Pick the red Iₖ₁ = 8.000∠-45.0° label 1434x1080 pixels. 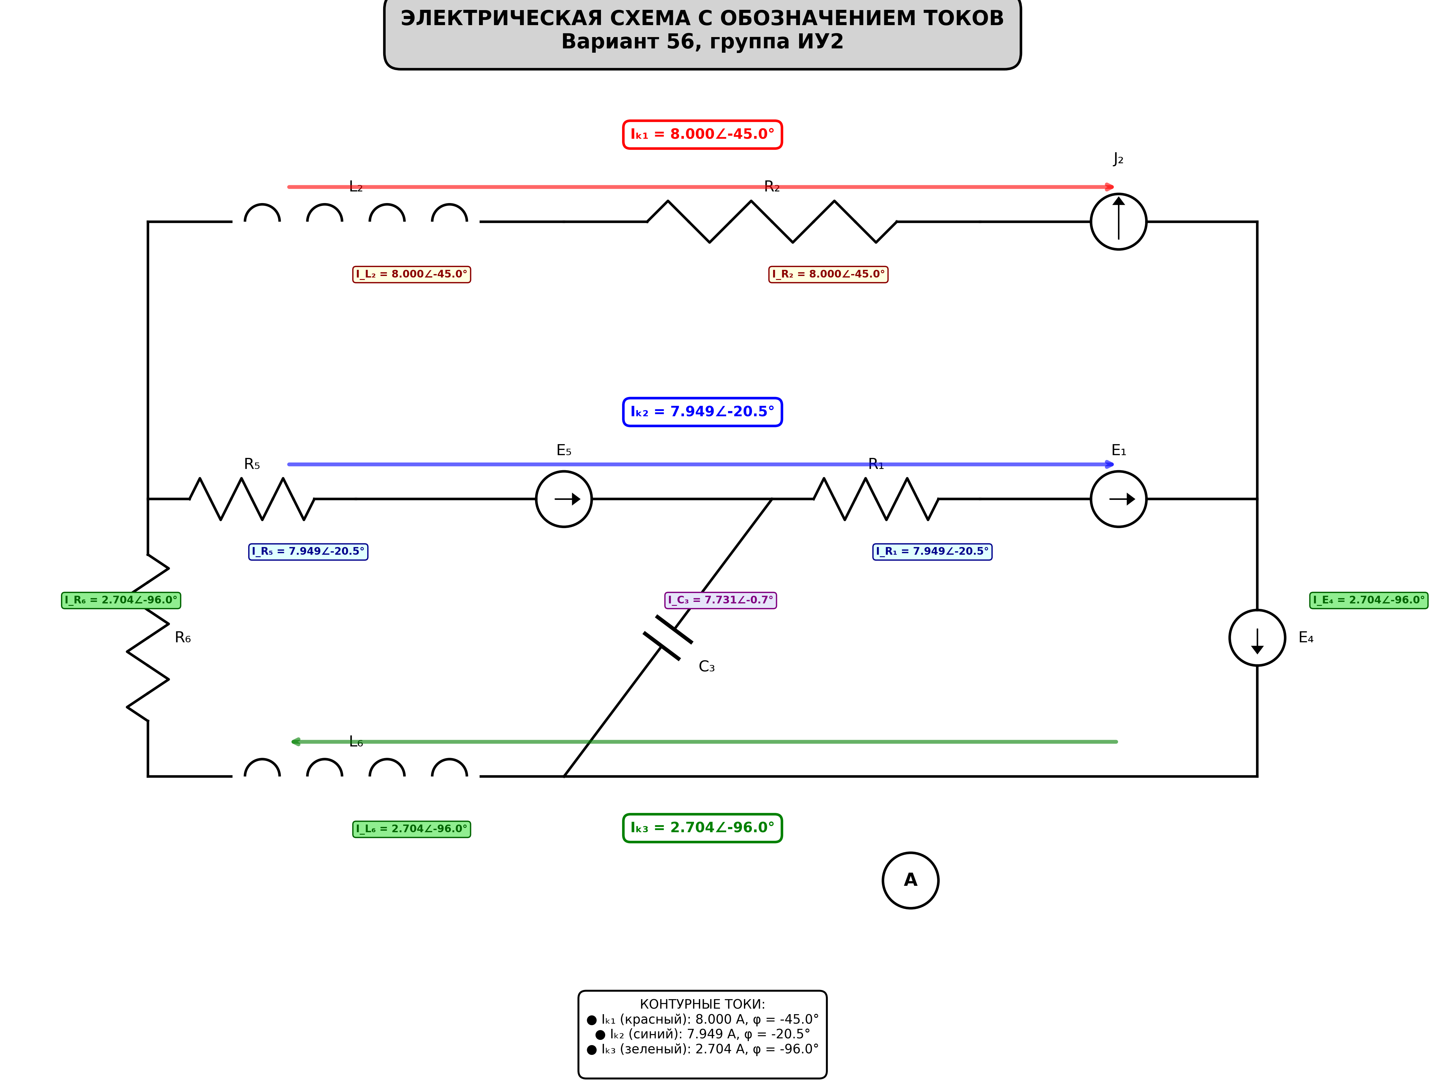coord(703,134)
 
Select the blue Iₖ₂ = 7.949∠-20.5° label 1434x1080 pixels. coord(703,412)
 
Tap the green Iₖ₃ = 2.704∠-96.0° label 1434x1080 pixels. coord(703,828)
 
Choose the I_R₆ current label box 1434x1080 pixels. coord(121,600)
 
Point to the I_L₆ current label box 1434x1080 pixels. coord(412,829)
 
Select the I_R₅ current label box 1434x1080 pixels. coord(308,552)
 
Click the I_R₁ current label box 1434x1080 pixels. coord(932,552)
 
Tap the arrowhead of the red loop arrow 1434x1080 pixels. coord(1110,187)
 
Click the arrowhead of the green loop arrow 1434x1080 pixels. coord(296,742)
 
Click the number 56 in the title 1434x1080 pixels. coord(681,41)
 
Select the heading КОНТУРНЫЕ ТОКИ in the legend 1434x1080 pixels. coord(703,1004)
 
